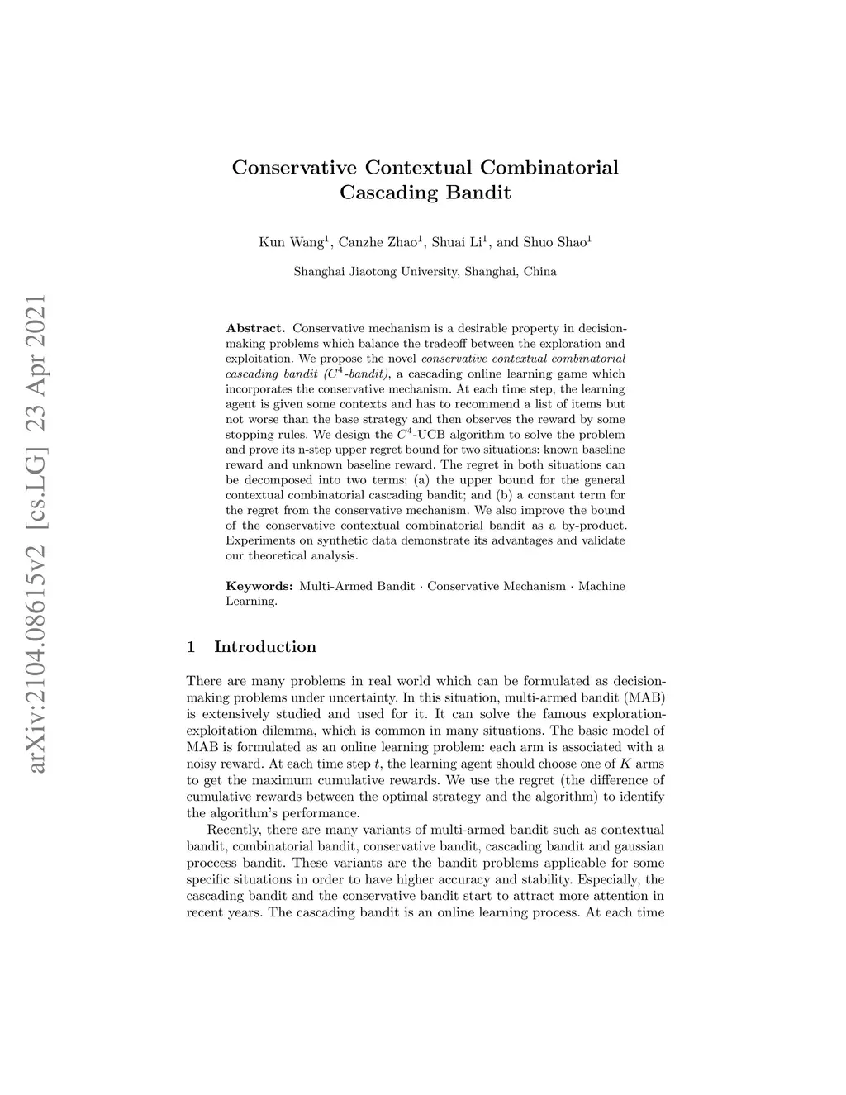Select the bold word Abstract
pyautogui.click(x=255, y=329)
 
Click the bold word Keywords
pyautogui.click(x=259, y=587)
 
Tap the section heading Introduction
pyautogui.click(x=264, y=647)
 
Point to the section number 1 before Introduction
pyautogui.click(x=192, y=647)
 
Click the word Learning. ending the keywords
pyautogui.click(x=251, y=602)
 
